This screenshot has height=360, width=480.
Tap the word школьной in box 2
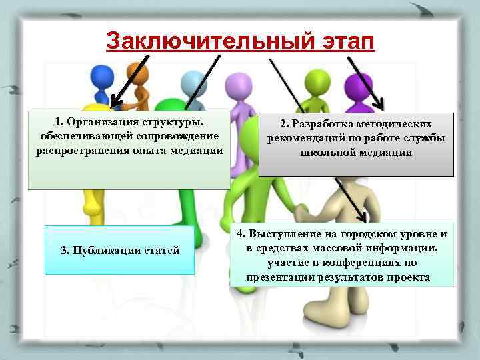pos(328,152)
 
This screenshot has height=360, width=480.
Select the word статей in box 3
pos(161,251)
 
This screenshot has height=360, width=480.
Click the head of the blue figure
pos(101,74)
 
